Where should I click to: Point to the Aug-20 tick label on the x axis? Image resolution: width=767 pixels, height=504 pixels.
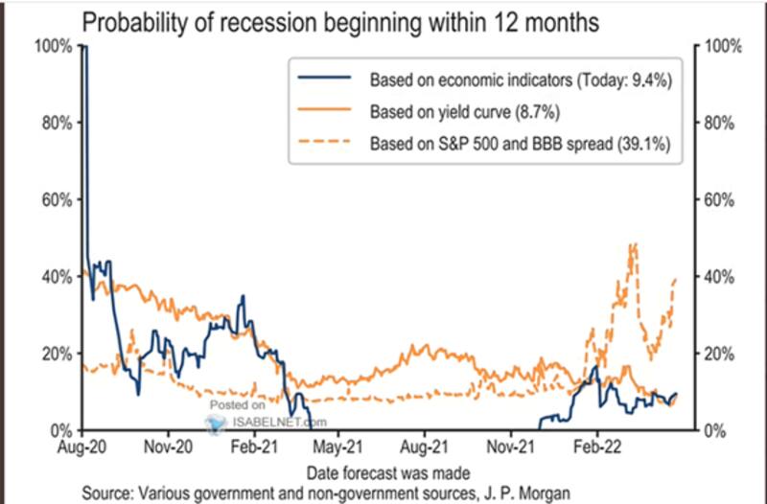point(83,447)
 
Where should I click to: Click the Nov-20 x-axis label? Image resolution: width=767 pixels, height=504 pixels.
point(169,447)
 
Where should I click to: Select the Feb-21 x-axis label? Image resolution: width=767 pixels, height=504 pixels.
point(254,447)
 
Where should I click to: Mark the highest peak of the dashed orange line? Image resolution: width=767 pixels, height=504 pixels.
point(634,245)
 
